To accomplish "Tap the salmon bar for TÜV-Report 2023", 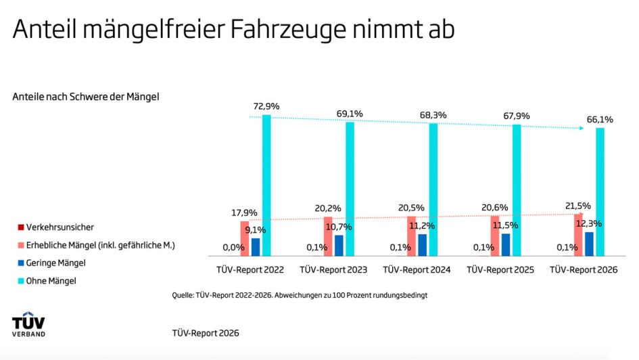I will click(x=328, y=236).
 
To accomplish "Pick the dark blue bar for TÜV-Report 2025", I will click(x=506, y=244).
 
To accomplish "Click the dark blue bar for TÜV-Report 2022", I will click(x=256, y=247).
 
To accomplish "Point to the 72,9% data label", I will click(x=266, y=106).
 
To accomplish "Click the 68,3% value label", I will click(x=433, y=115).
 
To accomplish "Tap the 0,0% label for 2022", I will click(x=234, y=248).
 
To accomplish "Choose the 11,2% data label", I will click(x=431, y=226).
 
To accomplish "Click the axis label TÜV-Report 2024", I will click(x=417, y=270).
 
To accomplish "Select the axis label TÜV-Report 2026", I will click(x=584, y=270).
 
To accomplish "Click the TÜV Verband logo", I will click(x=29, y=324).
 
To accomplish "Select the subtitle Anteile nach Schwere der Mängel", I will click(x=85, y=97).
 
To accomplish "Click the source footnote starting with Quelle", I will click(x=300, y=296).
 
